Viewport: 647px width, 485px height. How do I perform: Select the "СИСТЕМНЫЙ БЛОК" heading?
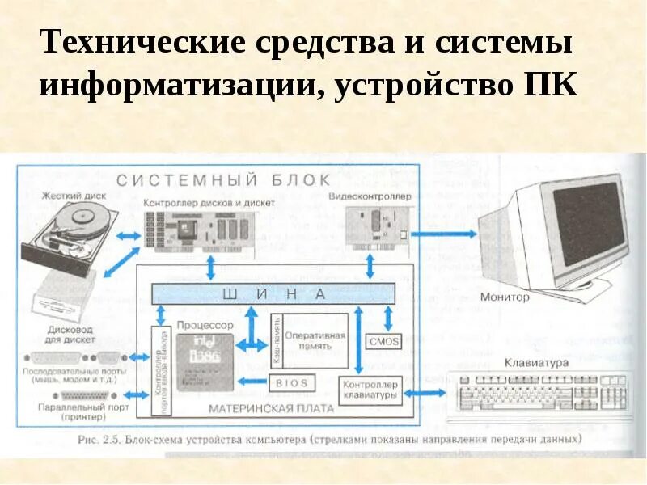pos(223,179)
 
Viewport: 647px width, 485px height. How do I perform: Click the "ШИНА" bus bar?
pos(275,293)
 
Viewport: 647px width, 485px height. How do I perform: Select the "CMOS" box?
pos(383,341)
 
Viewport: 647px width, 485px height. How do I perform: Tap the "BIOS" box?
pos(290,382)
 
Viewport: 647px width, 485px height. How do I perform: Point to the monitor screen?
pos(594,222)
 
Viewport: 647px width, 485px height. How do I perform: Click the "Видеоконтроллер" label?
pos(371,196)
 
